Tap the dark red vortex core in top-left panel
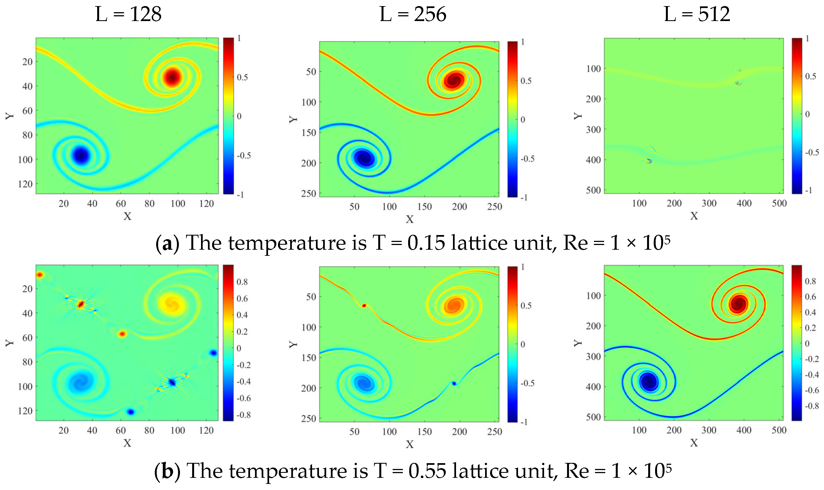(172, 77)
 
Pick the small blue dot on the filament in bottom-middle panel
(454, 383)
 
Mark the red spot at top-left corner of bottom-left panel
(40, 275)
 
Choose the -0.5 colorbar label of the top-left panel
(244, 156)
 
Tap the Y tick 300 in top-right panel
(593, 130)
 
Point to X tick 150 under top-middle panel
(424, 207)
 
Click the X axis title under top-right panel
(694, 216)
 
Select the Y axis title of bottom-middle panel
(293, 344)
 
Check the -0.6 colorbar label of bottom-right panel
(812, 390)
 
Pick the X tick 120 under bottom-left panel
(206, 430)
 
